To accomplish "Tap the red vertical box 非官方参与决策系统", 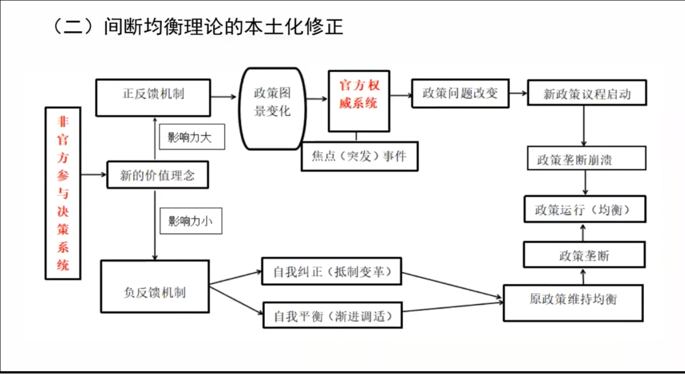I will [x=63, y=193].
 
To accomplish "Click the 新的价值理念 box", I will [x=157, y=175].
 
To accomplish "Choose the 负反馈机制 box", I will [x=154, y=286].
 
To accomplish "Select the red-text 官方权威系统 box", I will [x=359, y=101].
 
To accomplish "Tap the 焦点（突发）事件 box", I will [x=359, y=156].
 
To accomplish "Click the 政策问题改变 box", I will [x=460, y=93].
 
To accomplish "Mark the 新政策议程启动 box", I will [x=587, y=94].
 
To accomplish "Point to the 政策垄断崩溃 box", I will [x=586, y=159].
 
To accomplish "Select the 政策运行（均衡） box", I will [x=585, y=210].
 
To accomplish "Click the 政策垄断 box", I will [x=584, y=255].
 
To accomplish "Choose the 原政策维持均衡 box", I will [x=573, y=302].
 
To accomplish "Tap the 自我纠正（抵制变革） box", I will [x=331, y=271].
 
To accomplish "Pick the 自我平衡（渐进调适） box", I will [x=332, y=315].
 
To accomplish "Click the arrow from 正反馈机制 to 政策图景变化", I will [x=224, y=97].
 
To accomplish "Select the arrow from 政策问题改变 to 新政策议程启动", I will [x=519, y=93].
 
